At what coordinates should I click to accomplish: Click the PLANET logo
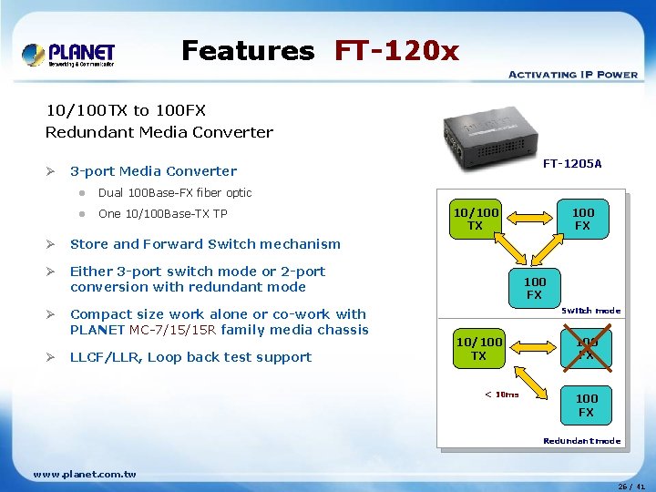[69, 55]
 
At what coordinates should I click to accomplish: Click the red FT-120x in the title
[396, 50]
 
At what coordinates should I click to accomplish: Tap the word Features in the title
[247, 50]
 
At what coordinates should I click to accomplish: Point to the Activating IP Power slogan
[572, 75]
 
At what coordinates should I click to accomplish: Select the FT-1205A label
[572, 164]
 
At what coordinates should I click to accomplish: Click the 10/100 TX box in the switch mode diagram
[476, 219]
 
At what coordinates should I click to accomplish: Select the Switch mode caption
[590, 311]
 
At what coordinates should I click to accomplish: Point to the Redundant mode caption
[581, 441]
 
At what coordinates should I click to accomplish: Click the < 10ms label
[501, 395]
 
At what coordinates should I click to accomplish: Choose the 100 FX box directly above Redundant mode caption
[586, 405]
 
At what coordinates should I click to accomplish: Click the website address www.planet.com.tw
[84, 474]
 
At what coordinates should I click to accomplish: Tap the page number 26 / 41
[630, 486]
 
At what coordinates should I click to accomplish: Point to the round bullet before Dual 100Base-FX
[81, 193]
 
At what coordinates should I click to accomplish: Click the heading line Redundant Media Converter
[159, 132]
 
